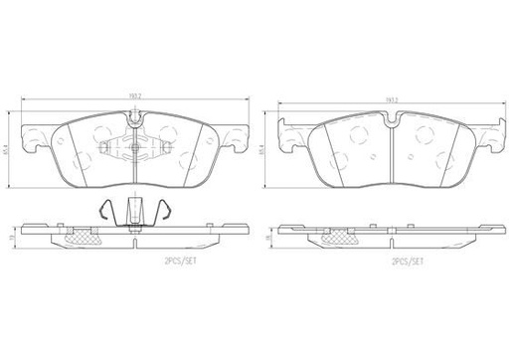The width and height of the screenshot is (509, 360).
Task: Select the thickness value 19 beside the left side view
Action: click(11, 239)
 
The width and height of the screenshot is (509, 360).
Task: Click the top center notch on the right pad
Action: click(390, 122)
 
